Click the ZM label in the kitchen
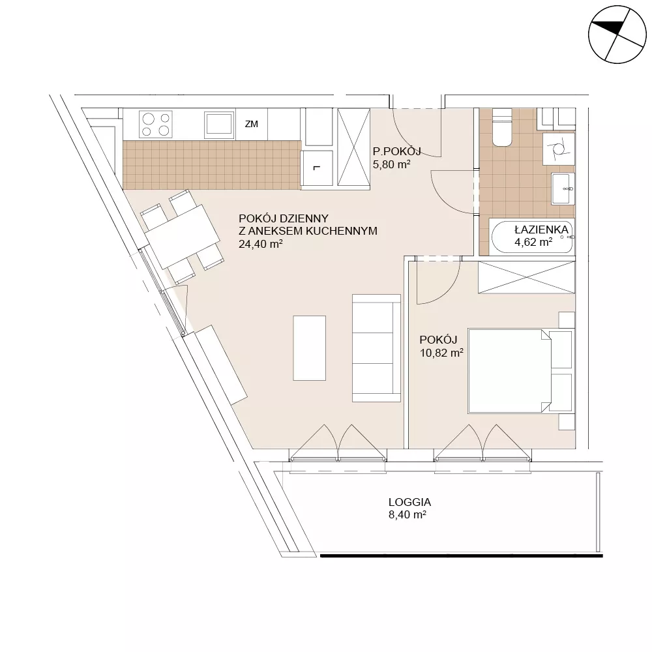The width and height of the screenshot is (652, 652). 252,124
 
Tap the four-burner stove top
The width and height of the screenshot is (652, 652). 156,125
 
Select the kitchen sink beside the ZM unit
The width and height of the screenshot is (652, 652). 219,125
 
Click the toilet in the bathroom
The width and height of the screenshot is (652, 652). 502,127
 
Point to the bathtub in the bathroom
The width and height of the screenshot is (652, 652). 532,237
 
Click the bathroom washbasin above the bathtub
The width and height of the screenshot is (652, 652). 563,189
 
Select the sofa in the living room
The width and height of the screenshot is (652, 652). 376,348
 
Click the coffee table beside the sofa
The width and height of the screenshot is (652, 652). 309,348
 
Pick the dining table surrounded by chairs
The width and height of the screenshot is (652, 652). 183,237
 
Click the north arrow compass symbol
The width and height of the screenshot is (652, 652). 617,35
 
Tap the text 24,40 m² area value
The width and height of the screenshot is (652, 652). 261,244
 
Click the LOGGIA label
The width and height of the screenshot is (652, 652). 409,502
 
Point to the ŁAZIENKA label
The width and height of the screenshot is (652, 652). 541,230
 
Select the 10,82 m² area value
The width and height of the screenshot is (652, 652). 441,353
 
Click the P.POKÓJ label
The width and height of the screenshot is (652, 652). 396,151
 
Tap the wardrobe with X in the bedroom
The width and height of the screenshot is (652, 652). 526,277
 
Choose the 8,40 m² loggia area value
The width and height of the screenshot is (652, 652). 407,515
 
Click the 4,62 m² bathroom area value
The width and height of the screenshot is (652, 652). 533,242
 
